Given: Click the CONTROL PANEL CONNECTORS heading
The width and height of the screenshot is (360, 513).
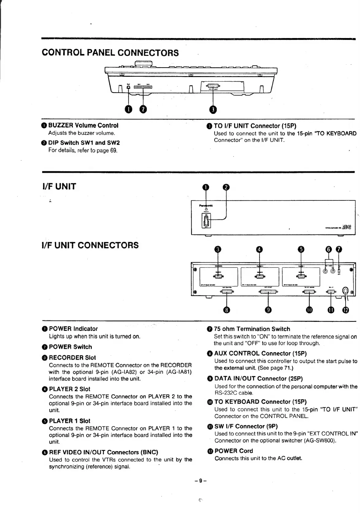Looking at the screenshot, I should click(110, 53).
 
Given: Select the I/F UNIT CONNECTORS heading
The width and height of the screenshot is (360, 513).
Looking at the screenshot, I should click(90, 245).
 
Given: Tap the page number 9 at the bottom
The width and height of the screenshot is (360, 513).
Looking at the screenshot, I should click(200, 481).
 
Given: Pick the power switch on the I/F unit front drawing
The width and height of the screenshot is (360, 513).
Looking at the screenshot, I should click(205, 221).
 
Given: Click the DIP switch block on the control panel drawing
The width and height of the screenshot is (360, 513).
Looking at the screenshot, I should click(141, 87).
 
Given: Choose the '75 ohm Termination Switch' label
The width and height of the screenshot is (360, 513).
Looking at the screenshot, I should click(252, 329).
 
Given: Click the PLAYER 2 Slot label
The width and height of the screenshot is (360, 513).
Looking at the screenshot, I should click(70, 389).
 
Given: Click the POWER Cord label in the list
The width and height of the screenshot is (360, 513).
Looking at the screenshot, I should click(234, 451).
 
